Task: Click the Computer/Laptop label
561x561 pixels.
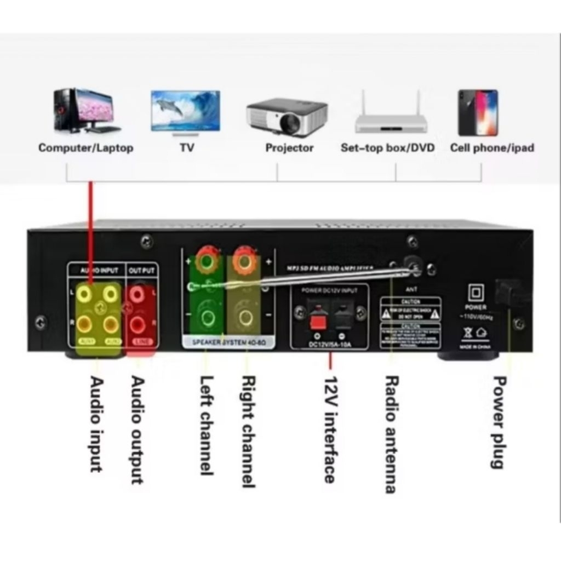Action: [x=85, y=148]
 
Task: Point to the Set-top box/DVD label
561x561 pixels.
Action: [x=387, y=148]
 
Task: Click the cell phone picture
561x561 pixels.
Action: [x=478, y=112]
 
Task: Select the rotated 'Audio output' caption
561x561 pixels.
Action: [x=138, y=430]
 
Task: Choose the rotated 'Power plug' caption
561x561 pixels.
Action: [x=497, y=422]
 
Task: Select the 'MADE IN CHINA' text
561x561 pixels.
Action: [x=476, y=347]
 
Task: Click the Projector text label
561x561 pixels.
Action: [x=289, y=148]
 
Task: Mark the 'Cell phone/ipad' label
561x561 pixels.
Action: [x=491, y=148]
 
